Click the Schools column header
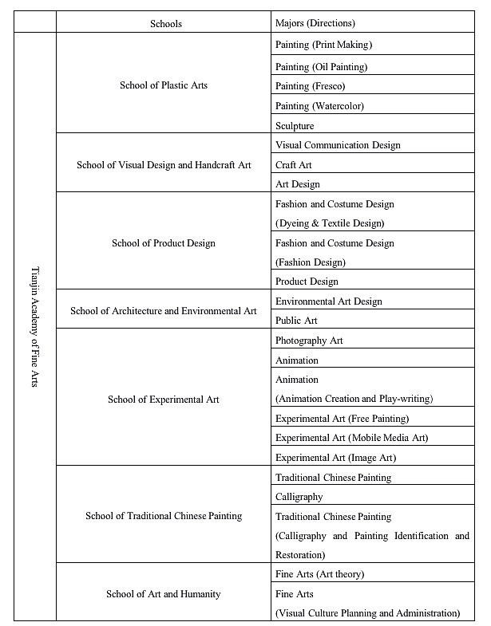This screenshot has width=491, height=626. pyautogui.click(x=166, y=23)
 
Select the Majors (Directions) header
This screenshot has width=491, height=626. pyautogui.click(x=315, y=23)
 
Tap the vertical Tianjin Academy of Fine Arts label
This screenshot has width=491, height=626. pyautogui.click(x=35, y=327)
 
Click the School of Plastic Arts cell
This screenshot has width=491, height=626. pyautogui.click(x=164, y=85)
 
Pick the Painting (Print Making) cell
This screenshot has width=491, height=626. pyautogui.click(x=323, y=45)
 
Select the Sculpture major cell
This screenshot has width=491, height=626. pyautogui.click(x=295, y=126)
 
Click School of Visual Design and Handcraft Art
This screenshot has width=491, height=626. pyautogui.click(x=164, y=165)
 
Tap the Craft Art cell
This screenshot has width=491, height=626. pyautogui.click(x=294, y=165)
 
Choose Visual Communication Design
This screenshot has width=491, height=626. pyautogui.click(x=338, y=145)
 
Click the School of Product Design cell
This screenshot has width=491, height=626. pyautogui.click(x=164, y=243)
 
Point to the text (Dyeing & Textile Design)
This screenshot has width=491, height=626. pyautogui.click(x=330, y=223)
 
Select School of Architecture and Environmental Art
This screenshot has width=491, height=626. pyautogui.click(x=164, y=311)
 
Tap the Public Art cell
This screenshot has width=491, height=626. pyautogui.click(x=296, y=321)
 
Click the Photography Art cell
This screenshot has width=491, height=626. pyautogui.click(x=309, y=341)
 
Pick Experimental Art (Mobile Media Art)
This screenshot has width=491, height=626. pyautogui.click(x=352, y=438)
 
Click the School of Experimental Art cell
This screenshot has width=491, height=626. pyautogui.click(x=164, y=400)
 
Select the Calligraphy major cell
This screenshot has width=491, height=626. pyautogui.click(x=299, y=497)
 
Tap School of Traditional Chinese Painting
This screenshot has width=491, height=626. pyautogui.click(x=164, y=516)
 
